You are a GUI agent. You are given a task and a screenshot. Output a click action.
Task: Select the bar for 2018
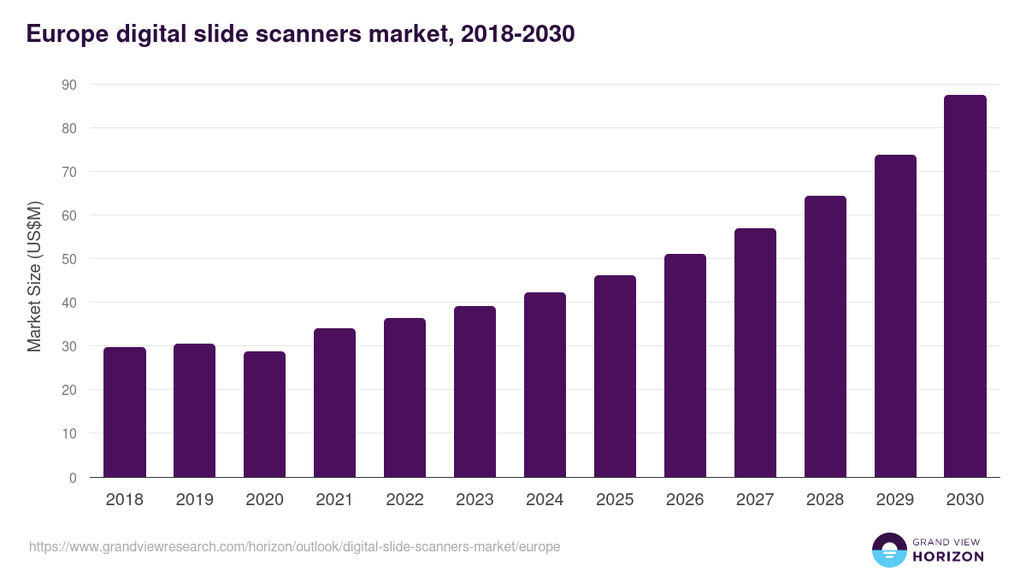pyautogui.click(x=125, y=412)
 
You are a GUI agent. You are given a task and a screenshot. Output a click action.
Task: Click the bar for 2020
pyautogui.click(x=265, y=415)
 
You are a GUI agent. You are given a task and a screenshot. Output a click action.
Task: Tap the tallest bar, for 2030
pyautogui.click(x=965, y=286)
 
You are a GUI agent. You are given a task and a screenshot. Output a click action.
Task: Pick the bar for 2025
pyautogui.click(x=616, y=376)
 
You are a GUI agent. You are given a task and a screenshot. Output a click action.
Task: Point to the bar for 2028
pyautogui.click(x=825, y=337)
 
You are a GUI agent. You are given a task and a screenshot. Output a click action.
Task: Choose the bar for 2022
pyautogui.click(x=405, y=397)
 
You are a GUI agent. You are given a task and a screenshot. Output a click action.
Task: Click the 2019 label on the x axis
pyautogui.click(x=195, y=500)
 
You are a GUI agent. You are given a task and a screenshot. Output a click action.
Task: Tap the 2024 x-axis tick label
pyautogui.click(x=545, y=500)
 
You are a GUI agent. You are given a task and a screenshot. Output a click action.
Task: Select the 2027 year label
pyautogui.click(x=755, y=500)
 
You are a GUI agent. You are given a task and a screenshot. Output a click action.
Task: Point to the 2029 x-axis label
pyautogui.click(x=895, y=500)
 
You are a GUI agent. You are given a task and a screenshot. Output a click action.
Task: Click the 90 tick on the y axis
pyautogui.click(x=68, y=85)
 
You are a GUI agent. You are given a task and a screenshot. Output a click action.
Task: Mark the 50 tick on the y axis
pyautogui.click(x=68, y=259)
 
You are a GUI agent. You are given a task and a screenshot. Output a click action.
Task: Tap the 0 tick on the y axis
pyautogui.click(x=73, y=478)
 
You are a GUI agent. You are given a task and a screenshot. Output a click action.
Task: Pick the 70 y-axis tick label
pyautogui.click(x=68, y=172)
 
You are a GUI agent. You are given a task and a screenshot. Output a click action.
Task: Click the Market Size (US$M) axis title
pyautogui.click(x=34, y=276)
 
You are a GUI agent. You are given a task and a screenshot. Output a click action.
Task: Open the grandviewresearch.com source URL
pyautogui.click(x=295, y=546)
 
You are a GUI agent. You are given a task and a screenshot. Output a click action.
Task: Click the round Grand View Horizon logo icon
pyautogui.click(x=889, y=550)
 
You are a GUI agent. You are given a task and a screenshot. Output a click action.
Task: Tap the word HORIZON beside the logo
pyautogui.click(x=949, y=556)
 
